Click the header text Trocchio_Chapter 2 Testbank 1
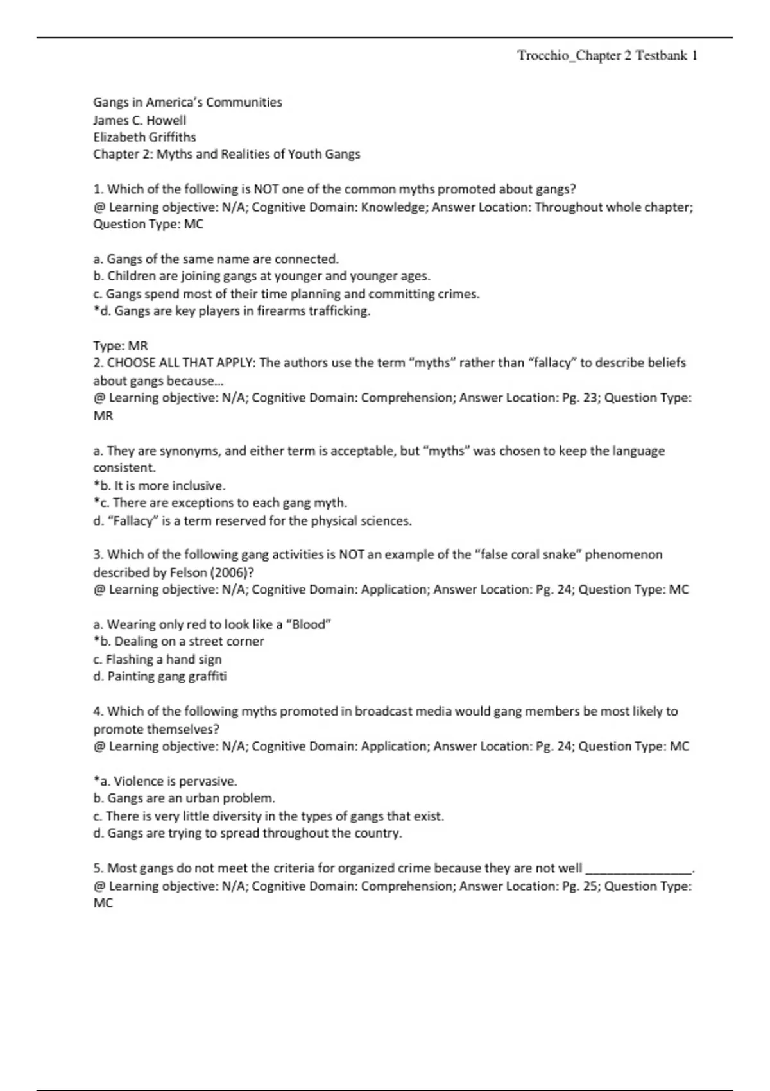(x=607, y=56)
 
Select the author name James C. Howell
(x=140, y=120)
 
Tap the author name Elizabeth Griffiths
(x=144, y=137)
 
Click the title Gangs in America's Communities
(x=187, y=102)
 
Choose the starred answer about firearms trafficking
(x=232, y=311)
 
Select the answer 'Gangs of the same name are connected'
(x=216, y=259)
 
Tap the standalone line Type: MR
(x=121, y=346)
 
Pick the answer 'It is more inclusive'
(x=159, y=486)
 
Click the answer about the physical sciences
(x=252, y=521)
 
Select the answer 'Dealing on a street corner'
(x=178, y=641)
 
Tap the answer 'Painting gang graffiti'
(x=160, y=676)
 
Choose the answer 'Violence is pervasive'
(x=165, y=782)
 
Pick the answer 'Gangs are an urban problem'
(x=184, y=798)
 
